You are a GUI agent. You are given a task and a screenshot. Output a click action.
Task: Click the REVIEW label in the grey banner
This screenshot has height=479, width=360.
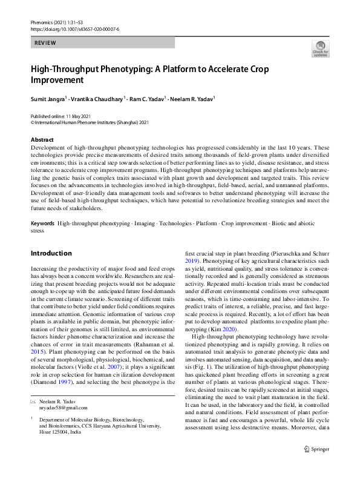(x=45, y=44)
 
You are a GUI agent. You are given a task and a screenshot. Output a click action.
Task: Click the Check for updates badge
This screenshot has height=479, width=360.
(x=319, y=48)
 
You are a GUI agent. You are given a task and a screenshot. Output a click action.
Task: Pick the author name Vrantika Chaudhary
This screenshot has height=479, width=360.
(x=96, y=97)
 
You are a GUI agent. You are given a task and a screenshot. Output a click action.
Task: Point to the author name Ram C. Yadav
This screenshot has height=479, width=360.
(x=147, y=97)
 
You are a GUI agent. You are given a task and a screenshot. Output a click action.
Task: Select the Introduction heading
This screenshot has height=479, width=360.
(x=51, y=253)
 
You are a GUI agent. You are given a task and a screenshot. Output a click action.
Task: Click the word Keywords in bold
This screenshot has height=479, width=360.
(x=43, y=223)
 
